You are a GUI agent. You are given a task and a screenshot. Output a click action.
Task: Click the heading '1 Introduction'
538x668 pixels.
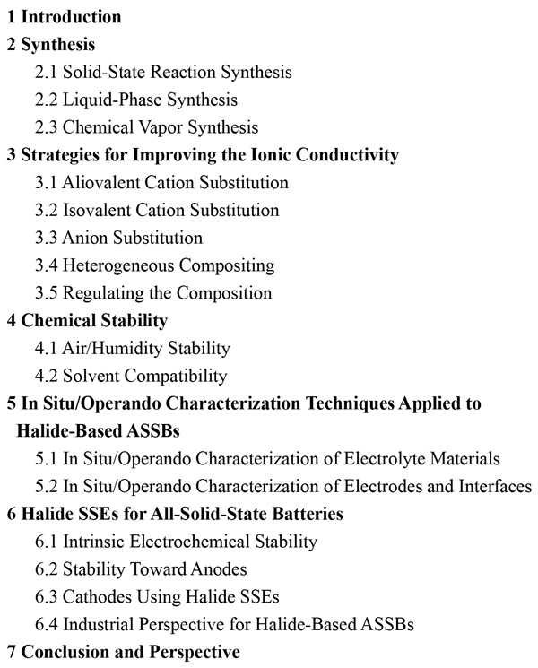click(x=64, y=17)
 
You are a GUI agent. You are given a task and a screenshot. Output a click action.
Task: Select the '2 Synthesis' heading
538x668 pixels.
click(x=51, y=44)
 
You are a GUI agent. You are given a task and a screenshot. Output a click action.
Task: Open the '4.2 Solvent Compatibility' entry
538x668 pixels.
click(x=131, y=376)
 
